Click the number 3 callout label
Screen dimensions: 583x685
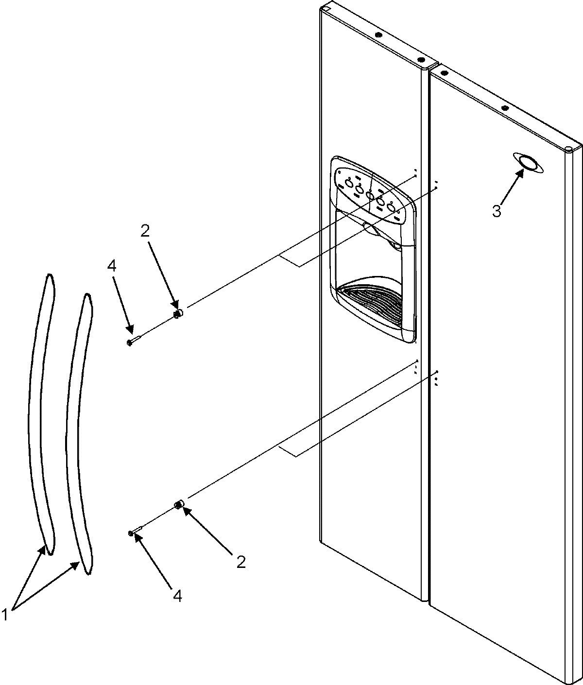point(496,211)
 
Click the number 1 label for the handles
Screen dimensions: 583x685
point(5,615)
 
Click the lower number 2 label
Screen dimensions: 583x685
point(240,562)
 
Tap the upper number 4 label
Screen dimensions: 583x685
point(112,266)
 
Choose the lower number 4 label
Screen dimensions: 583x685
point(177,596)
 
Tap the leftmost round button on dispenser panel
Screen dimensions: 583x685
point(348,184)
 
